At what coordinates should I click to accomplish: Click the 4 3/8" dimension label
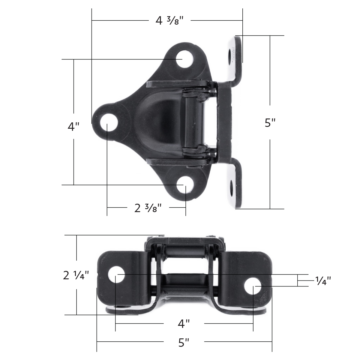[169, 21]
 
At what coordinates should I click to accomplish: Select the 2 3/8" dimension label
[148, 208]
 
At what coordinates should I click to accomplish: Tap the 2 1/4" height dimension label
[76, 275]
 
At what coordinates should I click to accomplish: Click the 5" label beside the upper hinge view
[270, 123]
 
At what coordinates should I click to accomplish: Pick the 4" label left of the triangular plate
[73, 127]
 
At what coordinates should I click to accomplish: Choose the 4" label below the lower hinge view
[184, 324]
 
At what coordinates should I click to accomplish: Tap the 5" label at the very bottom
[184, 342]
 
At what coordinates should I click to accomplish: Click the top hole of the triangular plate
[184, 59]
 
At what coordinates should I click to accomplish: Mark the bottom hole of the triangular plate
[184, 186]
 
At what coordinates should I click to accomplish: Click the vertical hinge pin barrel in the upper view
[193, 123]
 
